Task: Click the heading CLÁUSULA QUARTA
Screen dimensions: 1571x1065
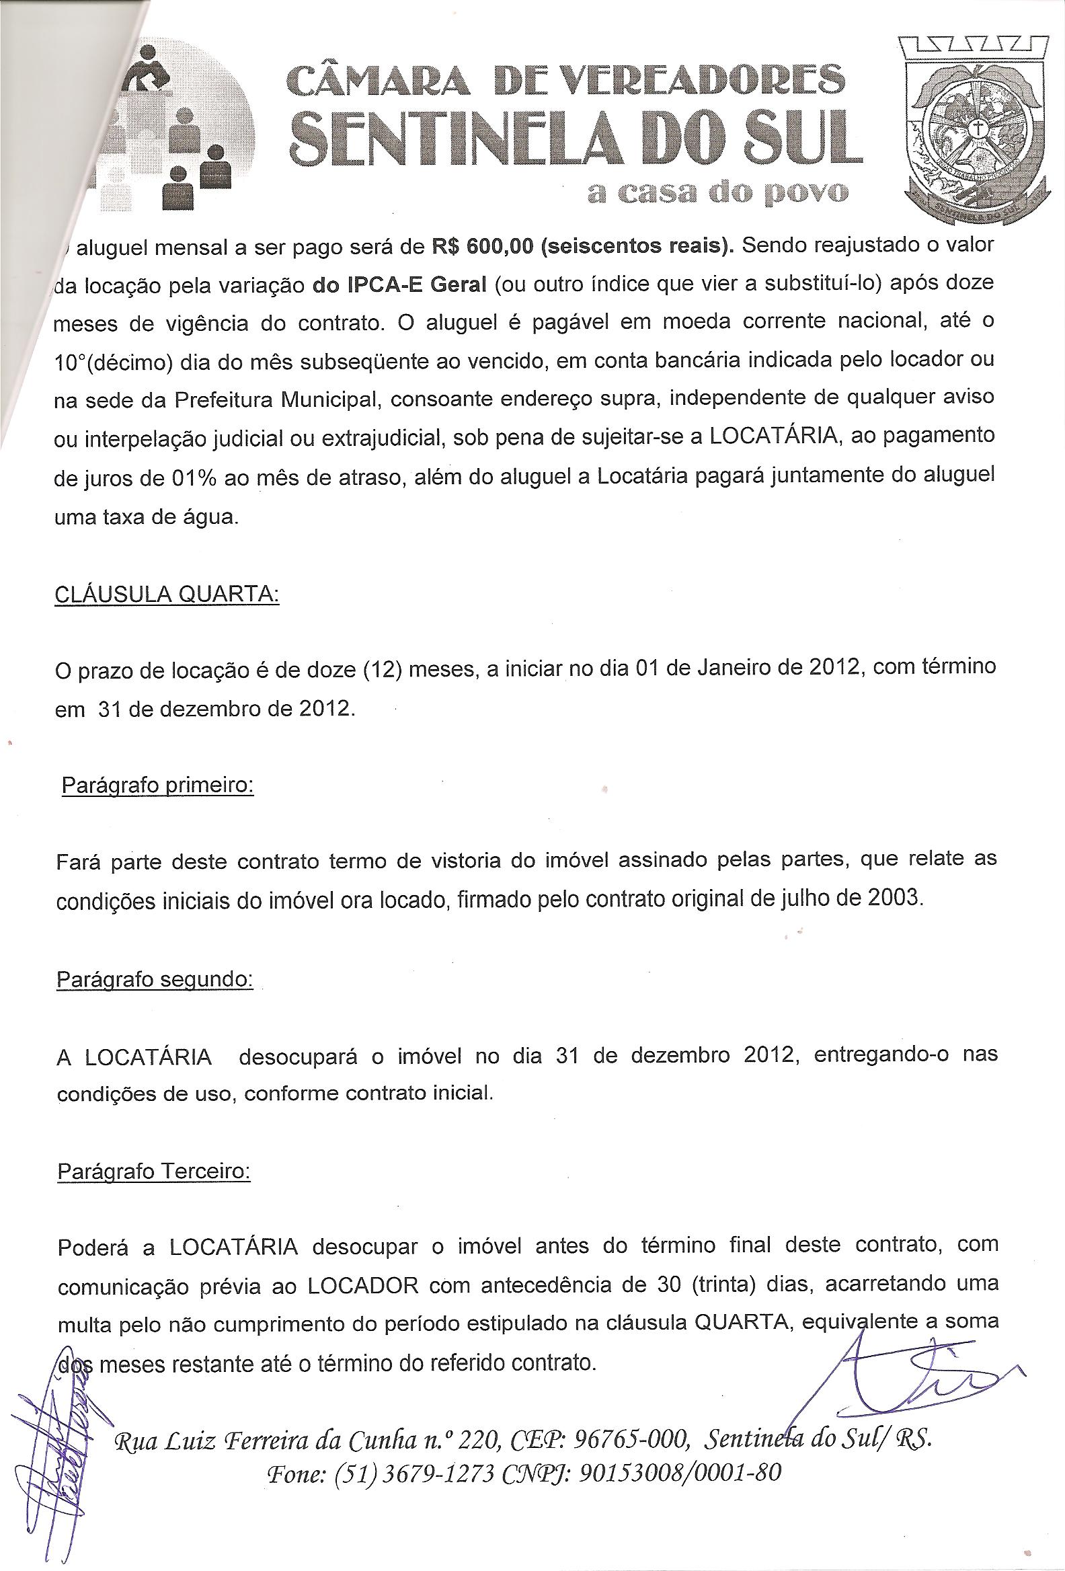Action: [x=166, y=595]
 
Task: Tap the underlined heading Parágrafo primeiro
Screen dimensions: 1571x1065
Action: [x=157, y=785]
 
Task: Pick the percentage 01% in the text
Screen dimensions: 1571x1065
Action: [x=198, y=478]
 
